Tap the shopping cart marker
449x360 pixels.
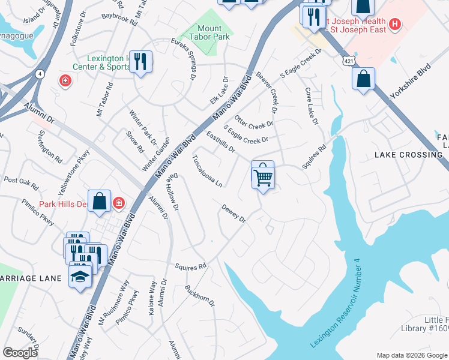[x=263, y=176]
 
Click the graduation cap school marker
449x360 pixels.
[x=80, y=275]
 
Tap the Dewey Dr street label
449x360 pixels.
[x=234, y=215]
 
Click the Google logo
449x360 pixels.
[x=20, y=353]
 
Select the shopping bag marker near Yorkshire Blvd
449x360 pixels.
[x=364, y=79]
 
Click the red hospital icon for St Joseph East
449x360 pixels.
[x=395, y=24]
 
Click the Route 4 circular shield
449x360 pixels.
[x=40, y=74]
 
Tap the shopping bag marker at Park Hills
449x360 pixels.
[x=100, y=201]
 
